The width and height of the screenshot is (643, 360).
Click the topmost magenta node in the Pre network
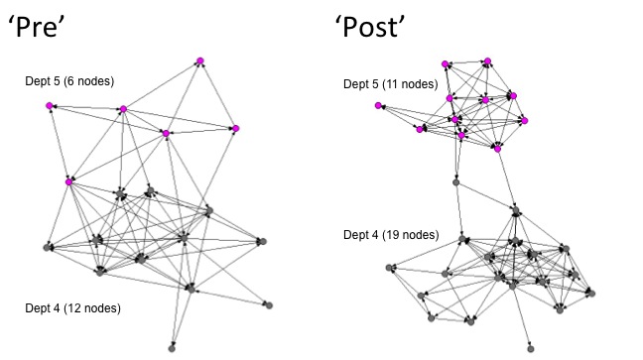200,61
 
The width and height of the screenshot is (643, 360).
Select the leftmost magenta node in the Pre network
49,105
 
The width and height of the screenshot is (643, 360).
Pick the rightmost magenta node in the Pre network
236,128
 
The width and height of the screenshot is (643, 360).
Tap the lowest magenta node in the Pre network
68,182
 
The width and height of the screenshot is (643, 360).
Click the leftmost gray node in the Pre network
48,247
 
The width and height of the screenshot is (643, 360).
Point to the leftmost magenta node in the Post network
378,105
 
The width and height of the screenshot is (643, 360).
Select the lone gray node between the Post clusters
455,182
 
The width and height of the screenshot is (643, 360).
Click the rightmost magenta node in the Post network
525,121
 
